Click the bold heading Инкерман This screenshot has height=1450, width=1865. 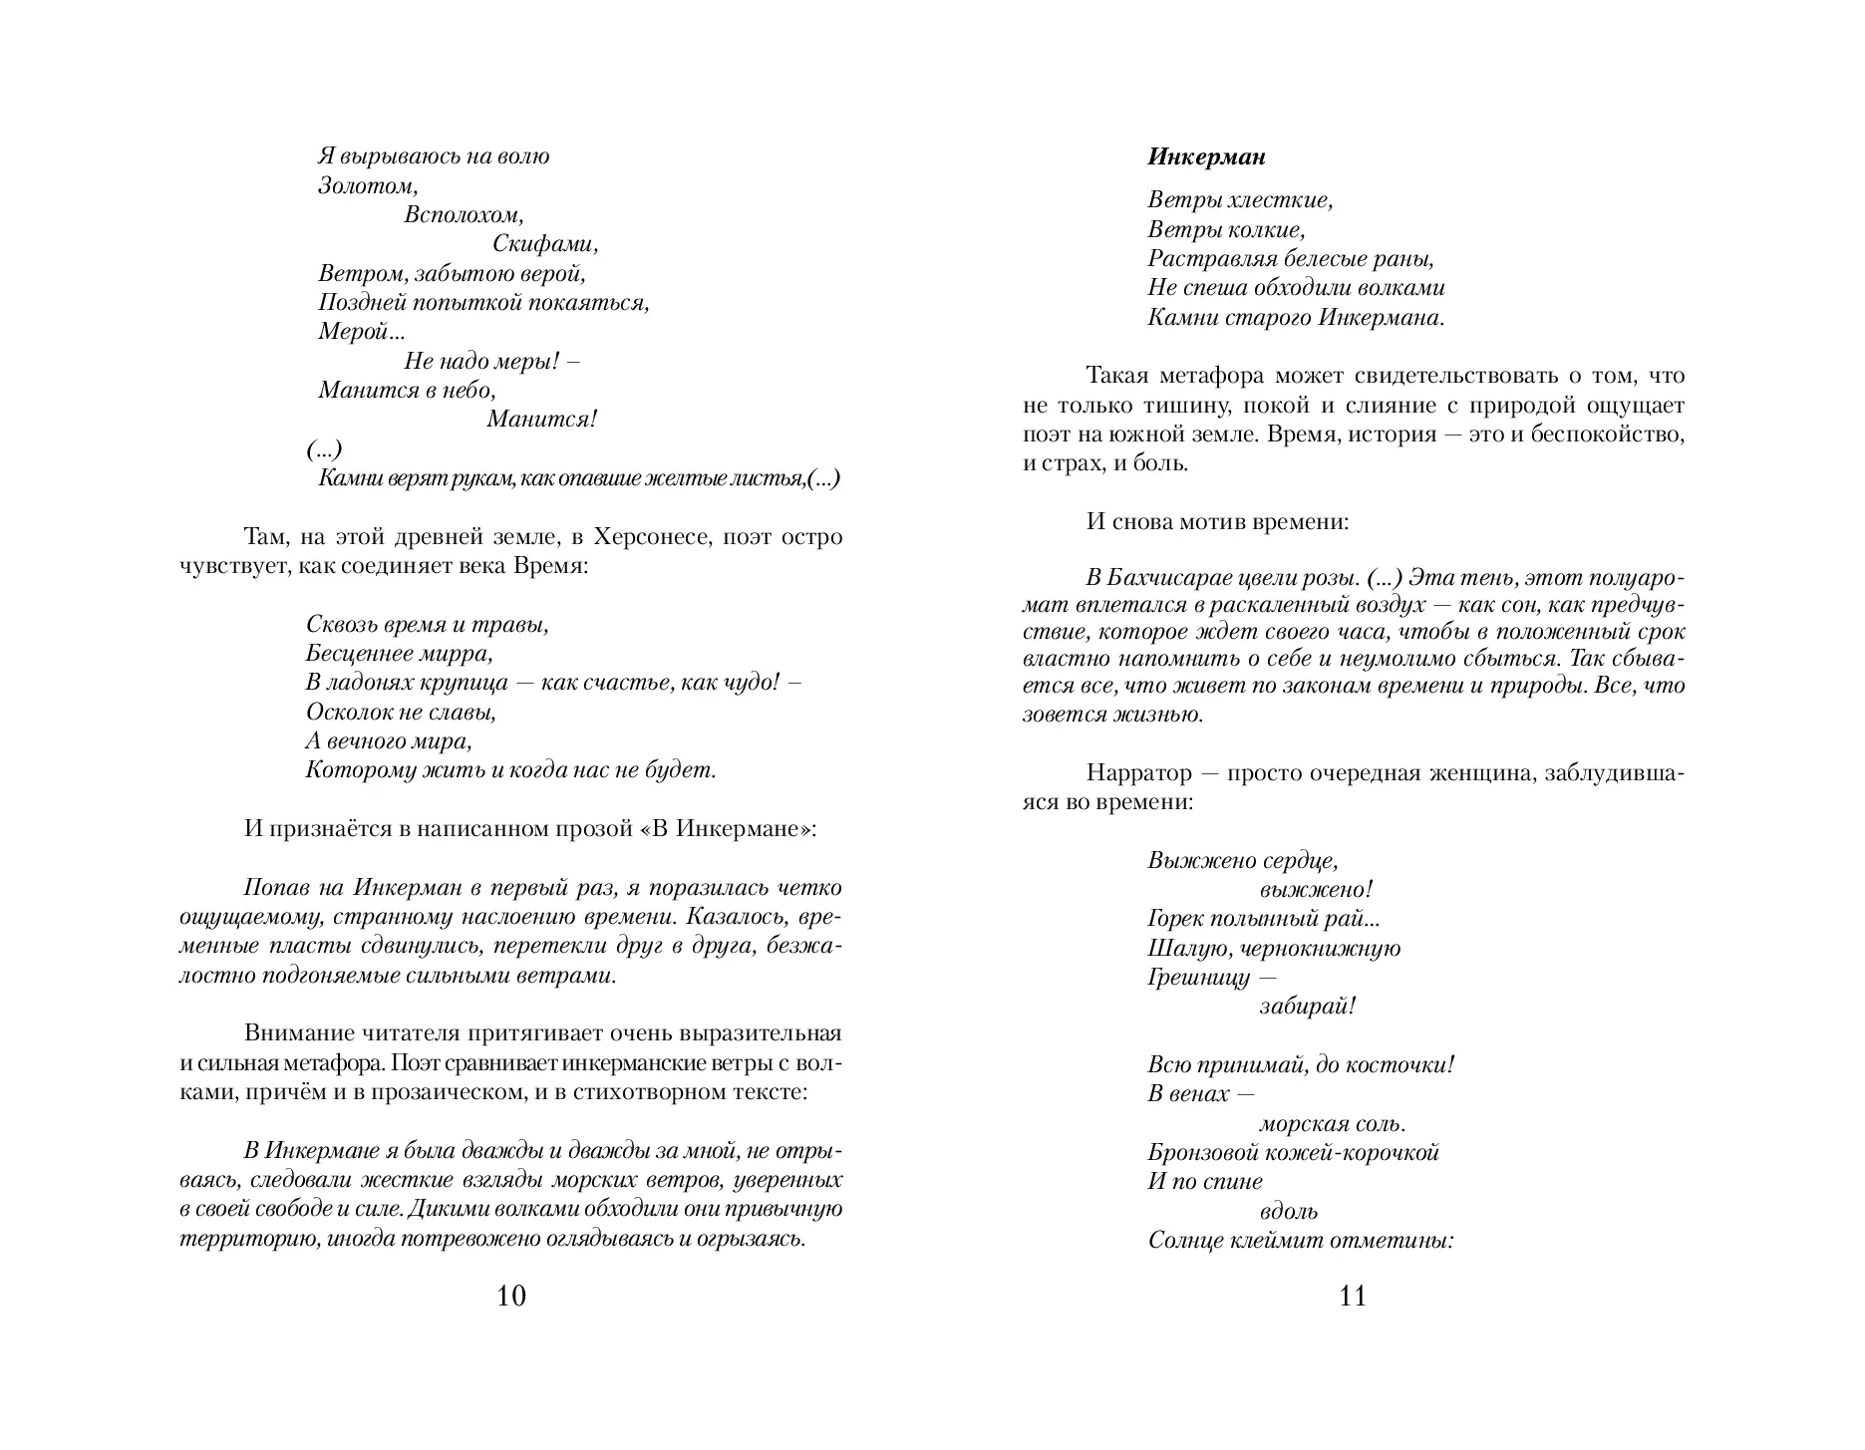pyautogui.click(x=1206, y=157)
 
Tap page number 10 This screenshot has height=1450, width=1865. pyautogui.click(x=510, y=1296)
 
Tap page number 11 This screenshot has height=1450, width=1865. pyautogui.click(x=1353, y=1296)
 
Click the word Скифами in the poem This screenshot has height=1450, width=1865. pyautogui.click(x=544, y=244)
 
